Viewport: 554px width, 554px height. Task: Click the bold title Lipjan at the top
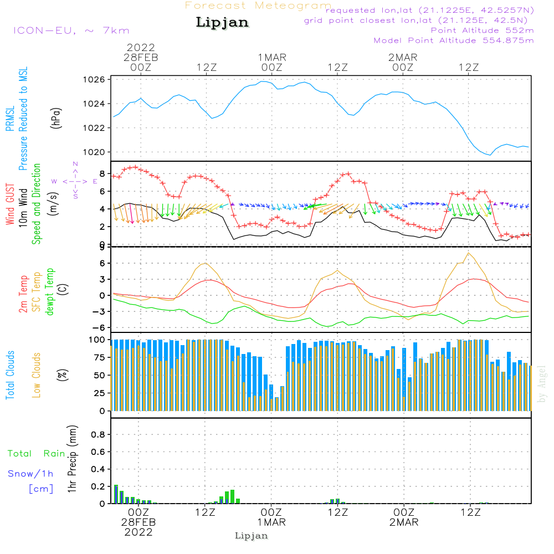[222, 23]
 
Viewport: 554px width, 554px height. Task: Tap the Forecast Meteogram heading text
[258, 6]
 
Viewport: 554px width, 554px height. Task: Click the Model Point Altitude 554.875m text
[454, 40]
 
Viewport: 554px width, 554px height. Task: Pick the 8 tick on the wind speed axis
[102, 173]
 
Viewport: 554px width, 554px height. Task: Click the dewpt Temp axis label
[50, 292]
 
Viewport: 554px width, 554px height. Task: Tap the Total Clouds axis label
[10, 375]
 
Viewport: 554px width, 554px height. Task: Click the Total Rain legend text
[37, 453]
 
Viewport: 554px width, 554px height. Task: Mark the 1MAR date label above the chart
[271, 57]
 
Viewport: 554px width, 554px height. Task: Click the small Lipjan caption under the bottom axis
[252, 536]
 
